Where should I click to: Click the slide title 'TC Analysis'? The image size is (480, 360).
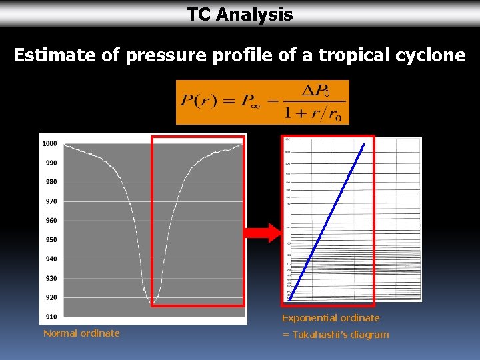pyautogui.click(x=239, y=15)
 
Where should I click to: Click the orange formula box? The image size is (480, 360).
pyautogui.click(x=262, y=102)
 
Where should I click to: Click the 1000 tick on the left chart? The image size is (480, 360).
pyautogui.click(x=49, y=143)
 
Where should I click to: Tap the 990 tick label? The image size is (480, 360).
pyautogui.click(x=51, y=163)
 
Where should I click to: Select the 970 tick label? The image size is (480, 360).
pyautogui.click(x=51, y=201)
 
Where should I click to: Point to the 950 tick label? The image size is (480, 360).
pyautogui.click(x=51, y=240)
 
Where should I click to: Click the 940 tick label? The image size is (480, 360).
pyautogui.click(x=51, y=259)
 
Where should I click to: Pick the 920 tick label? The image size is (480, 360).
pyautogui.click(x=51, y=297)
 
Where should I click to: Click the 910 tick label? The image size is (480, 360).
pyautogui.click(x=51, y=317)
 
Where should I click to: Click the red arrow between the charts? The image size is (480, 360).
pyautogui.click(x=261, y=233)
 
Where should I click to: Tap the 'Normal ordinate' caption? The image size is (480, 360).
pyautogui.click(x=81, y=333)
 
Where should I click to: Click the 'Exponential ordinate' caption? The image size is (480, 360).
pyautogui.click(x=331, y=318)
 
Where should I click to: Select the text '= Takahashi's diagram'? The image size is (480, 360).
pyautogui.click(x=335, y=335)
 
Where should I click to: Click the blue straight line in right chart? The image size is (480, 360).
pyautogui.click(x=327, y=222)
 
